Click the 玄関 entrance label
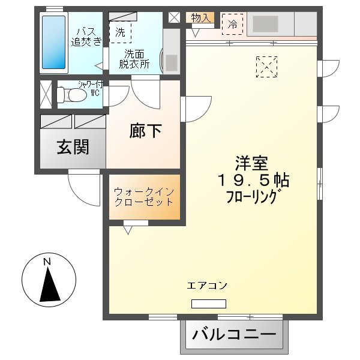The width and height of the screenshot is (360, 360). coord(73,147)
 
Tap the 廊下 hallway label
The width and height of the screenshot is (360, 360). coord(145,131)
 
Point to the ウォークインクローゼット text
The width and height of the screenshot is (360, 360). coord(144,197)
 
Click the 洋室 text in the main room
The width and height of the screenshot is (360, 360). coord(251,163)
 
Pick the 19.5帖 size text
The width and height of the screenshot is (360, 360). coord(254,180)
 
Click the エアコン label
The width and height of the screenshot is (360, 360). coord(207,286)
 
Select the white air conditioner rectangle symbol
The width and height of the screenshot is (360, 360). coord(205,304)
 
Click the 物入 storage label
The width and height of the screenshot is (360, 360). coord(200,18)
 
